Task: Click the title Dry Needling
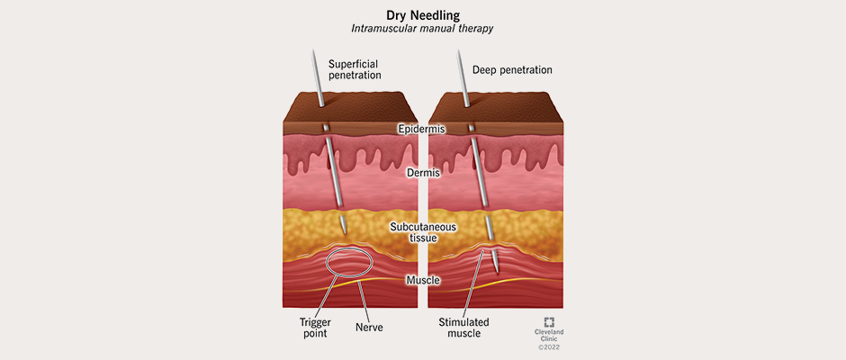pyautogui.click(x=422, y=14)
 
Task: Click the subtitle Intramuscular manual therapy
pyautogui.click(x=422, y=29)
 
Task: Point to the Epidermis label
pyautogui.click(x=421, y=129)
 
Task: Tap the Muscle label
pyautogui.click(x=422, y=281)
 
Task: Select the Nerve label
pyautogui.click(x=369, y=328)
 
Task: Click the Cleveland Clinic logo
pyautogui.click(x=549, y=322)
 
